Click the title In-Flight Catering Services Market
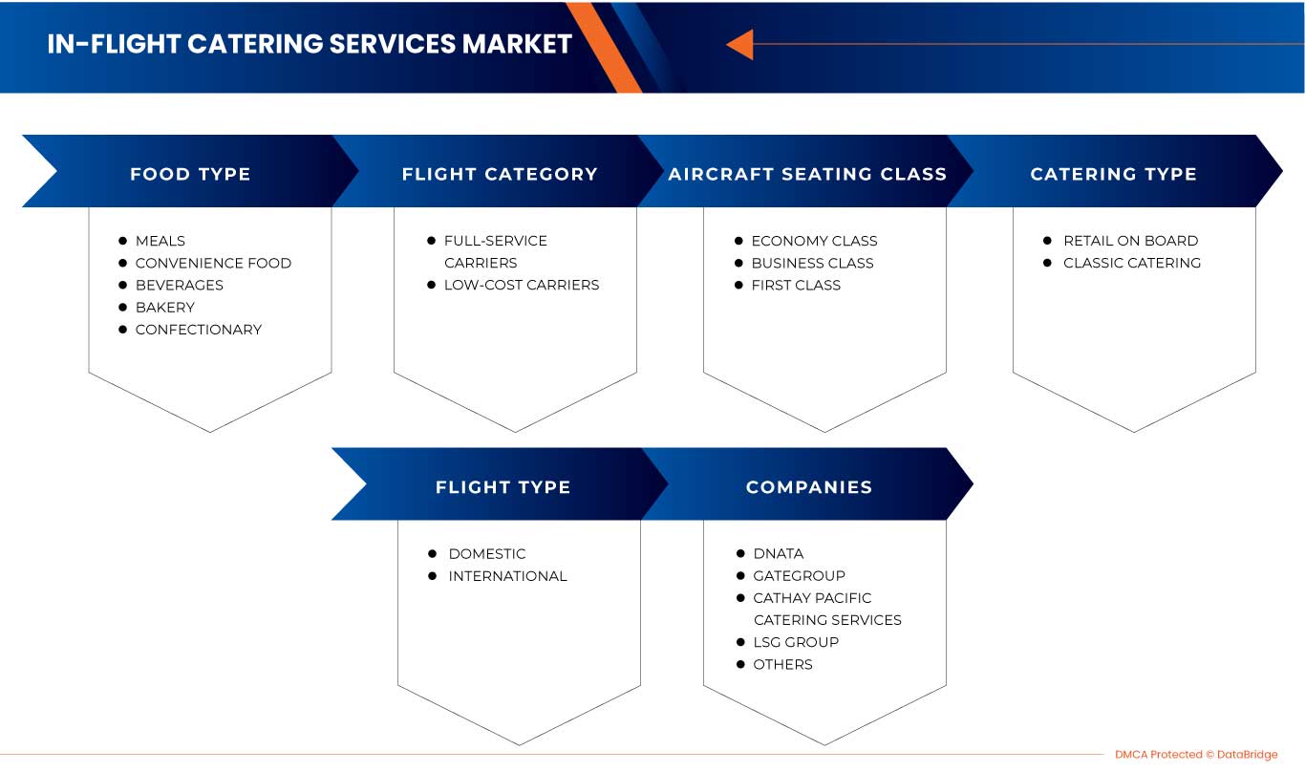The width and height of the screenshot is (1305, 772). click(x=310, y=44)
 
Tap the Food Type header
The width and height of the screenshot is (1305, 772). click(x=190, y=174)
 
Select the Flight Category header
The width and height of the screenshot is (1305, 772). click(x=500, y=174)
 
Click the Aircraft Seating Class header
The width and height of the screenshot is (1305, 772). click(x=807, y=174)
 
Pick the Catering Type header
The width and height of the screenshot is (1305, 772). click(x=1113, y=174)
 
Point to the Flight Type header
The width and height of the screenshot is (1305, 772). click(x=503, y=487)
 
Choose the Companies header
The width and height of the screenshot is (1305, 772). click(x=809, y=487)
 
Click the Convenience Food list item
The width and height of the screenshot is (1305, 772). click(x=213, y=263)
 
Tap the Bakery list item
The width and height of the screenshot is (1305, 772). click(x=164, y=307)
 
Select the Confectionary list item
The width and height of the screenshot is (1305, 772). click(x=198, y=329)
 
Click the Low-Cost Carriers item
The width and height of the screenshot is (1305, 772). click(x=522, y=285)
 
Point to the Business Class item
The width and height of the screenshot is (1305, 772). click(x=812, y=263)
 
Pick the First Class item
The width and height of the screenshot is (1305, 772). click(x=796, y=285)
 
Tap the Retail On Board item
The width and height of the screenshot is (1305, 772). click(x=1130, y=241)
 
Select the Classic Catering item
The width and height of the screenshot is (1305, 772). click(x=1132, y=263)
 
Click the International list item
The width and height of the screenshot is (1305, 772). click(x=507, y=576)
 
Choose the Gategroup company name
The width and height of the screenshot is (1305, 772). click(x=799, y=576)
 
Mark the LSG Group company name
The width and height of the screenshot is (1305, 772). click(x=796, y=642)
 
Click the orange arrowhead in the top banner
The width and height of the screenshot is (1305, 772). click(x=739, y=44)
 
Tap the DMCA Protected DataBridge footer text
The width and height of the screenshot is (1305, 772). click(x=1195, y=755)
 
